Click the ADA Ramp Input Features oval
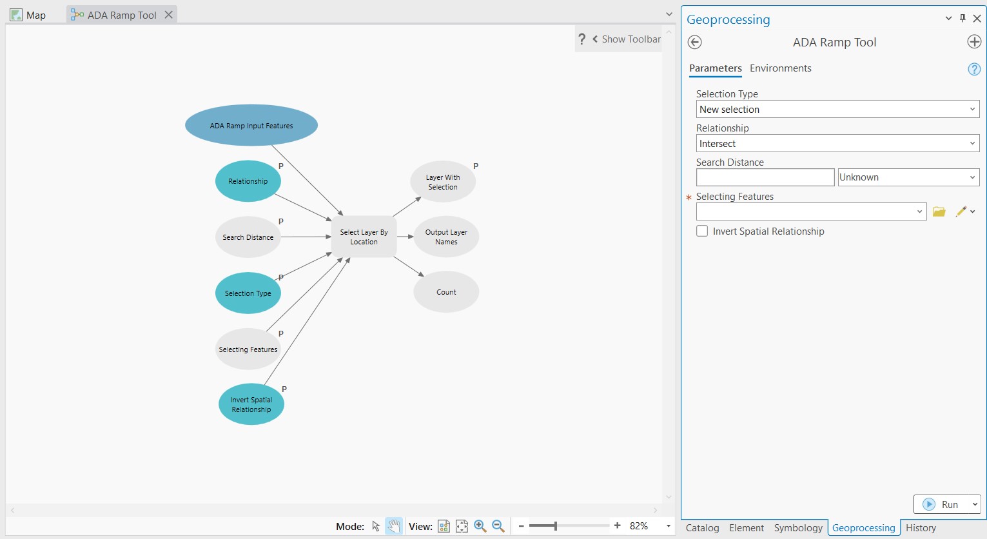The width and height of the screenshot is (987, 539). (251, 126)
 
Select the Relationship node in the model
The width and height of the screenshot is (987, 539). (248, 181)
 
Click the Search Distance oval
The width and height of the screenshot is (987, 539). (248, 237)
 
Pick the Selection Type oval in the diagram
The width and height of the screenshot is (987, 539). (248, 293)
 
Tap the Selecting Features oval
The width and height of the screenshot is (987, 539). (248, 349)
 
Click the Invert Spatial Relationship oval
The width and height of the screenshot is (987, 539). (251, 405)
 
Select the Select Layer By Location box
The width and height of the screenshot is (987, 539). (364, 237)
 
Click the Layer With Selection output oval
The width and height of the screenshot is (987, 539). (443, 182)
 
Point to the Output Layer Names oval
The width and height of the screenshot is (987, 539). (446, 237)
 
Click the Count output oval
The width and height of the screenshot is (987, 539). (446, 292)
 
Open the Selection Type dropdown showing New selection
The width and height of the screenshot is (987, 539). (837, 110)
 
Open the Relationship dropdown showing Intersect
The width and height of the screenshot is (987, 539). (837, 144)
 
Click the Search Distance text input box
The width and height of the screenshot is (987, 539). (765, 177)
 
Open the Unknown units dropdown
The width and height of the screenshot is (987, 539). (908, 177)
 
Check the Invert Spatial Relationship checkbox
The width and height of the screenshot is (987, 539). (702, 231)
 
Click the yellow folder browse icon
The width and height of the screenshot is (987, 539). (939, 211)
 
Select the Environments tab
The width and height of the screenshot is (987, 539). (780, 68)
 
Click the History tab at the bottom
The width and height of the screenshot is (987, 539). (921, 527)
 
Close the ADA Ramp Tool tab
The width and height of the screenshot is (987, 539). (168, 15)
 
